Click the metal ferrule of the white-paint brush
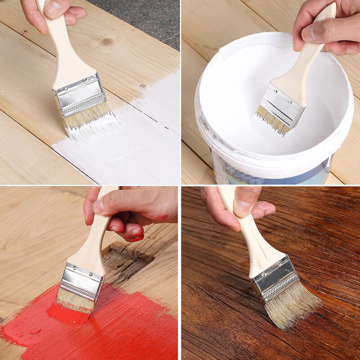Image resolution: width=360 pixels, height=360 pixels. (80, 96)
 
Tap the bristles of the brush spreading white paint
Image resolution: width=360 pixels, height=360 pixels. (88, 119)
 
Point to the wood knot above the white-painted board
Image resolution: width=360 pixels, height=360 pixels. (106, 41)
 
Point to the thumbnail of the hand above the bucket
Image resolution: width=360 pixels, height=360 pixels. (310, 33)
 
